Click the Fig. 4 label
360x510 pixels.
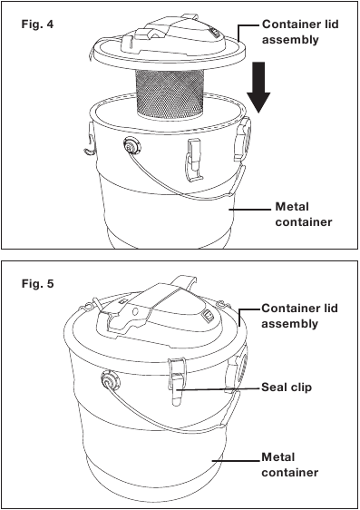37,25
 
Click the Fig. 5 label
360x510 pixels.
37,284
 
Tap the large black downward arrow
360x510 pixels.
258,87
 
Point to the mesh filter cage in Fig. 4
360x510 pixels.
170,93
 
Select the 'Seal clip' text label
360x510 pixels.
287,387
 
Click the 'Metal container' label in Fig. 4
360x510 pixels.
304,214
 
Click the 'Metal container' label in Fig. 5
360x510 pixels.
289,465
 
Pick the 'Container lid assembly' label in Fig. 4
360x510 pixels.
300,32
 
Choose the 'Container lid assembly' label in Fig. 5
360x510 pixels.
299,316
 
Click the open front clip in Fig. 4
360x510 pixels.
195,159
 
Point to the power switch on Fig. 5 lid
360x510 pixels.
208,315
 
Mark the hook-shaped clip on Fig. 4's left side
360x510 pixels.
90,139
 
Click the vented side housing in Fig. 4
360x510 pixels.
242,139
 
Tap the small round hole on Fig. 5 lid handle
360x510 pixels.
136,312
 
